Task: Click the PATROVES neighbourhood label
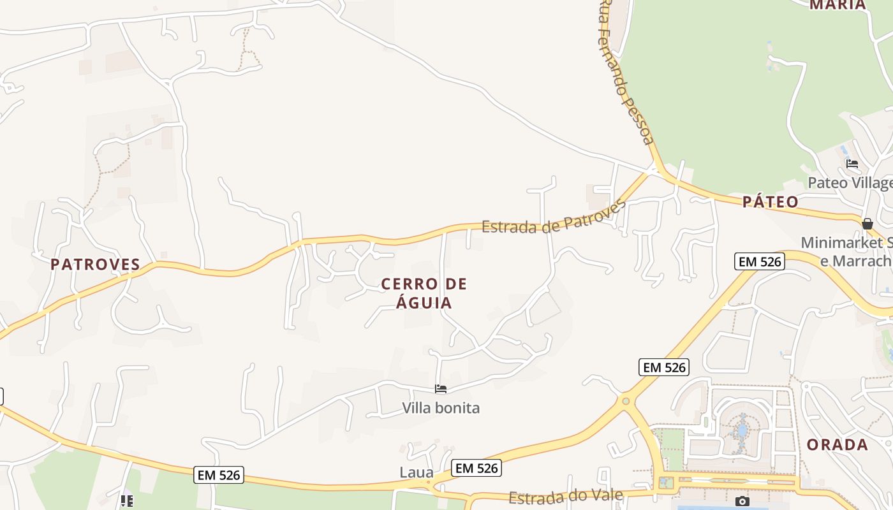pos(95,265)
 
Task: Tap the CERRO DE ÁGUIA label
pos(424,293)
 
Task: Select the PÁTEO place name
pos(770,202)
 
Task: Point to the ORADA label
pos(837,445)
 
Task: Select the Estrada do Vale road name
pos(565,497)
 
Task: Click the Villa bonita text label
pos(441,408)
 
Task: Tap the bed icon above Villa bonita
pos(441,389)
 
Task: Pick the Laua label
pos(417,473)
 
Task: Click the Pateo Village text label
pos(850,183)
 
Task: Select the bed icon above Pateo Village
pos(852,164)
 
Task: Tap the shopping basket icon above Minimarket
pos(867,224)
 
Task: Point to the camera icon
pos(742,501)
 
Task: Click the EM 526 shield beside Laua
pos(476,468)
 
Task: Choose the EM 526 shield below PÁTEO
pos(758,261)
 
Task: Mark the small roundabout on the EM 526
pos(625,401)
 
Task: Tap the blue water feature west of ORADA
pos(742,426)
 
